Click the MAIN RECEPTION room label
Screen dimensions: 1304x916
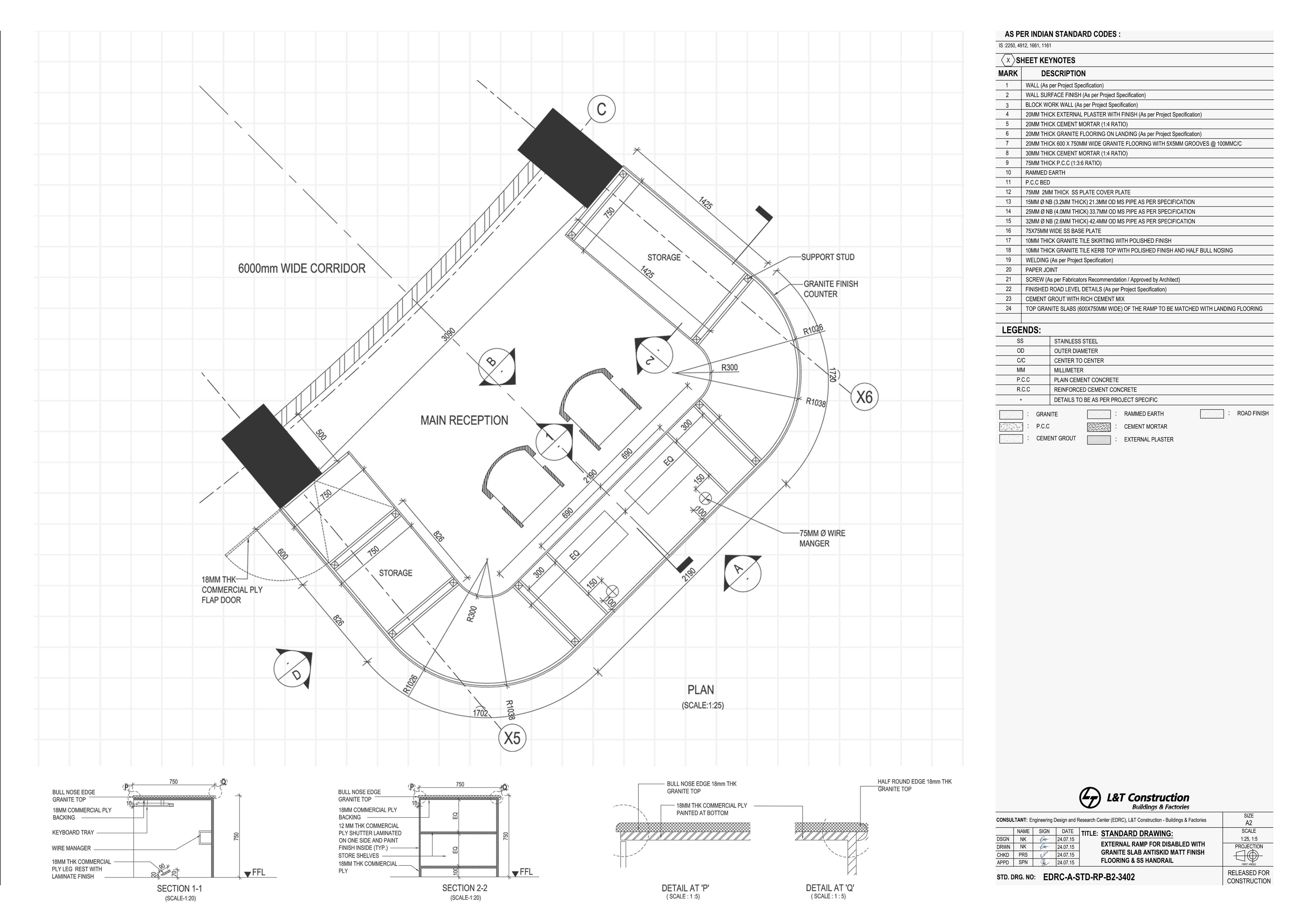[x=464, y=420]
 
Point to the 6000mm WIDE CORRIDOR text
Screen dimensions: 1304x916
[x=302, y=268]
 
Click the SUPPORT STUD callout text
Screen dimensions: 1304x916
[x=828, y=257]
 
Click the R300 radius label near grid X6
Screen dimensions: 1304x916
[x=729, y=368]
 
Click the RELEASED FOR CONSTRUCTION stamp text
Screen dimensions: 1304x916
[x=1248, y=877]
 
